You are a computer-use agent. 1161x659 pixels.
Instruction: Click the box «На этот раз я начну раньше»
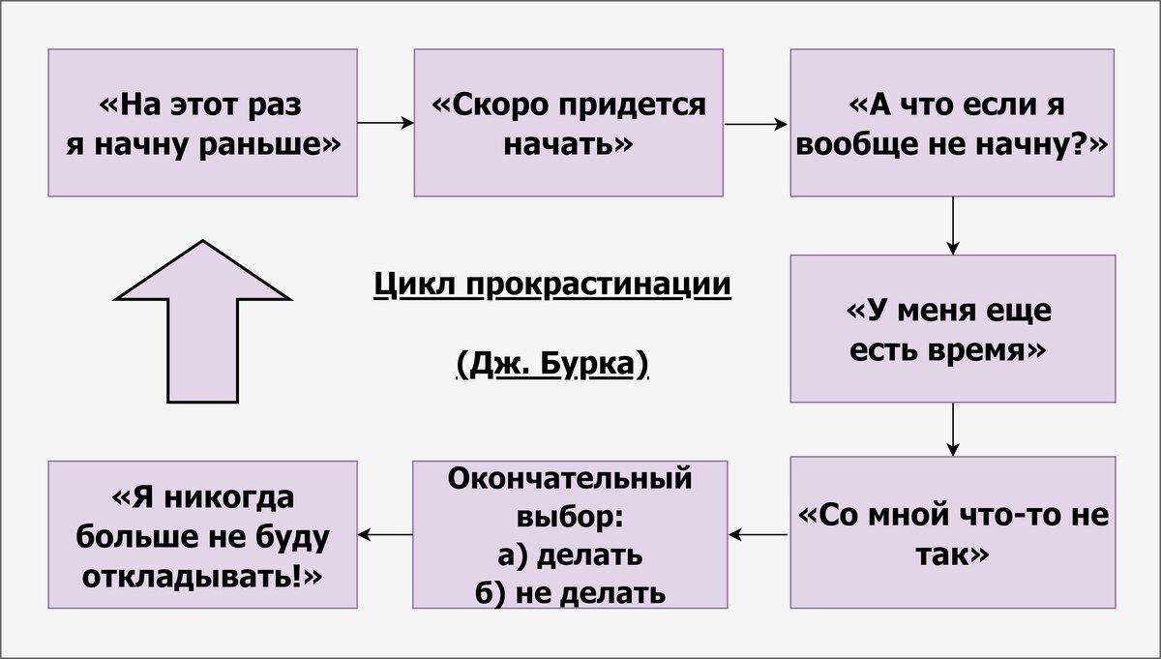(202, 123)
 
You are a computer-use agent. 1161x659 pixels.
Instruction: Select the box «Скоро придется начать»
(568, 123)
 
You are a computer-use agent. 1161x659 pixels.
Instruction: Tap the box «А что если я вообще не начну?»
(952, 123)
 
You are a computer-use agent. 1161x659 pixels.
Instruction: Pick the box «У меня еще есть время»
(952, 328)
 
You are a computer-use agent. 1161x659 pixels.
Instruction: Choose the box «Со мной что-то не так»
(952, 532)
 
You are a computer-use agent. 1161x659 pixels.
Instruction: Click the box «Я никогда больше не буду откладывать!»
(202, 534)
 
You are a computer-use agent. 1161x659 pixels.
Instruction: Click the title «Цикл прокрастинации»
(551, 285)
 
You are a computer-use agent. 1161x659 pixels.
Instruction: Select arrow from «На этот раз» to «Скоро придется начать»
(385, 123)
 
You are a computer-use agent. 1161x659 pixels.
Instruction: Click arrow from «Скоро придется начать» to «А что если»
(756, 123)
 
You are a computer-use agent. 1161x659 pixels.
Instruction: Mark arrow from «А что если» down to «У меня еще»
(953, 225)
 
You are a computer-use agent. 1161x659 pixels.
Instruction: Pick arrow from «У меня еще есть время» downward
(953, 429)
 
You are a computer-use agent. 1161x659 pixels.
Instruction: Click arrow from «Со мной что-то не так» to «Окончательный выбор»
(758, 533)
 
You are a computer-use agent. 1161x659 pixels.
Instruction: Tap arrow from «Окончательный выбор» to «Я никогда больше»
(384, 533)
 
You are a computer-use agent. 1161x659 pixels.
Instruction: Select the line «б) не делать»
(569, 592)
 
